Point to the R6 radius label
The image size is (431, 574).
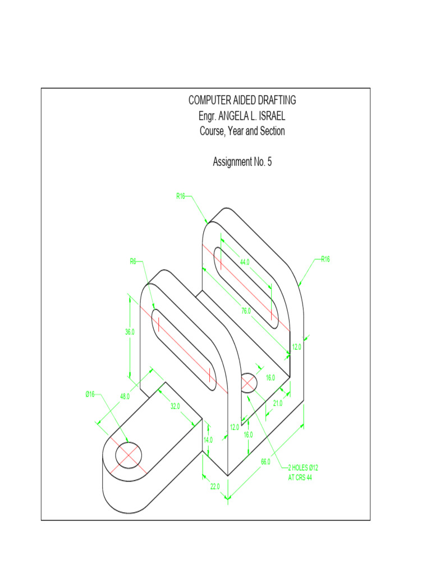tap(134, 261)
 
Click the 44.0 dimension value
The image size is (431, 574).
tap(245, 262)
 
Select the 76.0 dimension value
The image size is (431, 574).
tap(246, 311)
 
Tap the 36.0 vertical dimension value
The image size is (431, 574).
tap(130, 332)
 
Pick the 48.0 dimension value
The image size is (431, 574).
tap(125, 396)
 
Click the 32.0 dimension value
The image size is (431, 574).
tap(175, 406)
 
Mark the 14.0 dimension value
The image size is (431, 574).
tap(208, 440)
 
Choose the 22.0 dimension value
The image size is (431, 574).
tap(214, 486)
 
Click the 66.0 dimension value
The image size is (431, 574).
tap(265, 462)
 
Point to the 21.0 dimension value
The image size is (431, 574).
tap(277, 403)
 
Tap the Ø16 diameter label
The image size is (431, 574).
tap(90, 395)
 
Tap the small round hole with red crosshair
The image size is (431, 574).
tap(249, 383)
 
